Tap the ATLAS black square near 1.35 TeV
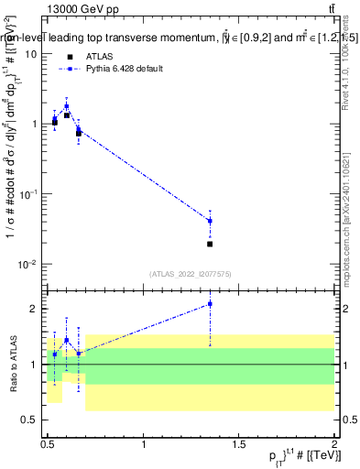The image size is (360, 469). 210,244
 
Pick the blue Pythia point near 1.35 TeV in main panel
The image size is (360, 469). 210,221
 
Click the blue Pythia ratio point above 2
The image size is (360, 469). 210,303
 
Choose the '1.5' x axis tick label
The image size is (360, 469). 239,444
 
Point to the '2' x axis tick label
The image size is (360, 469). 333,444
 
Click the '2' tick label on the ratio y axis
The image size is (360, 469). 35,309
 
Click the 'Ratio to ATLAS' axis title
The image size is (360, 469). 13,364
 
